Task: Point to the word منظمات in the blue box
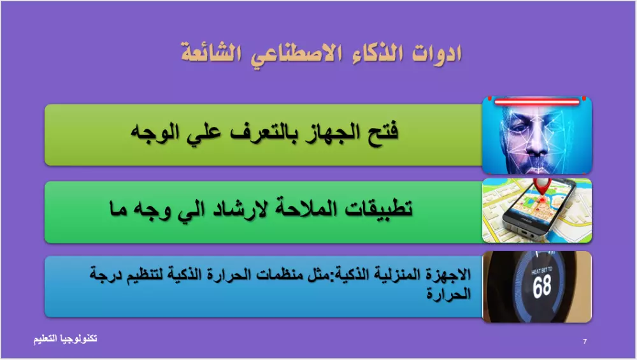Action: click(290, 276)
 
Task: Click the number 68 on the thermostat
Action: click(542, 286)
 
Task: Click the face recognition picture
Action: click(537, 135)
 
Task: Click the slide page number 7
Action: click(585, 342)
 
